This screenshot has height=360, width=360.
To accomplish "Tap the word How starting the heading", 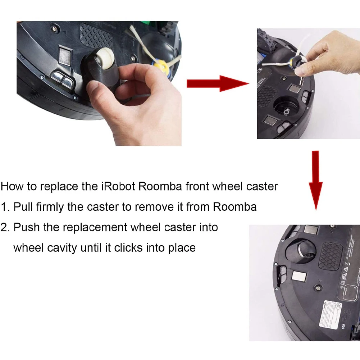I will [13, 187].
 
